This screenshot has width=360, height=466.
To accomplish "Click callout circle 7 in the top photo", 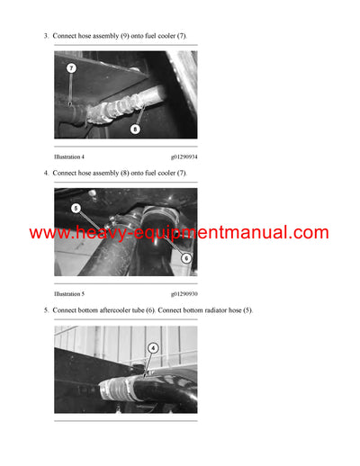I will point(71,67).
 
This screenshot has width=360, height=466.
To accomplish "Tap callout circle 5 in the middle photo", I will point(76,207).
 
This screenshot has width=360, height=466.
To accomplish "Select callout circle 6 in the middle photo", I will point(186,257).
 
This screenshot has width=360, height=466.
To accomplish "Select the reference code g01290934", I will point(184,157).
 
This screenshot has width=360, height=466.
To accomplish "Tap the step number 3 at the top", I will point(45,35).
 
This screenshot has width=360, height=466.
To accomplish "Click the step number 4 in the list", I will point(45,172).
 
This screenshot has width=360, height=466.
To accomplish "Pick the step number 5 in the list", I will point(45,309).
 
